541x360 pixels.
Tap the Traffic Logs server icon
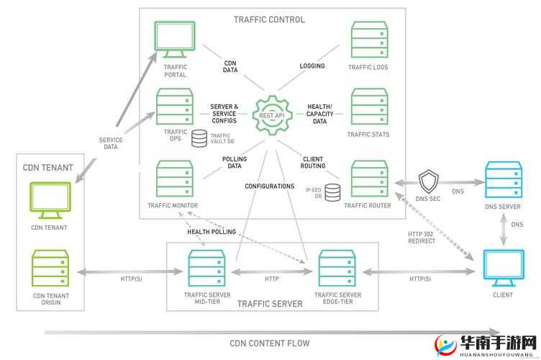[x=368, y=40]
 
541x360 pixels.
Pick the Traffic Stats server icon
[x=368, y=106]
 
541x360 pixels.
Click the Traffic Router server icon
[x=368, y=178]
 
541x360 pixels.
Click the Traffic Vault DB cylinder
[x=199, y=138]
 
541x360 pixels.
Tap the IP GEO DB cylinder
[x=332, y=193]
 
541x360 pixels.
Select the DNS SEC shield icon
[x=429, y=180]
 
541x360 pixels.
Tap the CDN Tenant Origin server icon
[x=50, y=269]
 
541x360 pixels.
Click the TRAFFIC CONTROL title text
[x=270, y=19]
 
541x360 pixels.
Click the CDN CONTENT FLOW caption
[x=270, y=343]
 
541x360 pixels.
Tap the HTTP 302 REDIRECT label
[x=422, y=237]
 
